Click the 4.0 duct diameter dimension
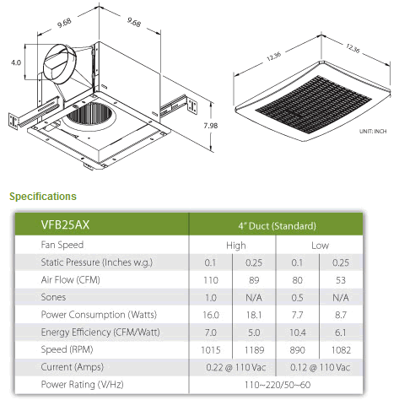click(x=16, y=62)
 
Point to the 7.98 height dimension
click(x=211, y=126)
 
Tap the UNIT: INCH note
click(x=373, y=131)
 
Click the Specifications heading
click(x=43, y=197)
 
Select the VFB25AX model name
click(x=65, y=224)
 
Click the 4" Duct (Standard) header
click(x=277, y=226)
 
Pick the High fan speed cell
click(x=236, y=246)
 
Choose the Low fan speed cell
click(x=320, y=246)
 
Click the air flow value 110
click(x=211, y=280)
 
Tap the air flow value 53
click(x=341, y=280)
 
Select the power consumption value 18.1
click(x=254, y=315)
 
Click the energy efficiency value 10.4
click(x=298, y=332)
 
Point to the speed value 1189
click(x=254, y=350)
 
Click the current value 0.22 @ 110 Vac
click(x=236, y=367)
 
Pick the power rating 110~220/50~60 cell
click(x=278, y=385)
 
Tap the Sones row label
click(x=53, y=297)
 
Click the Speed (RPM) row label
click(x=67, y=349)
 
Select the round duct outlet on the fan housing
click(x=60, y=64)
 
